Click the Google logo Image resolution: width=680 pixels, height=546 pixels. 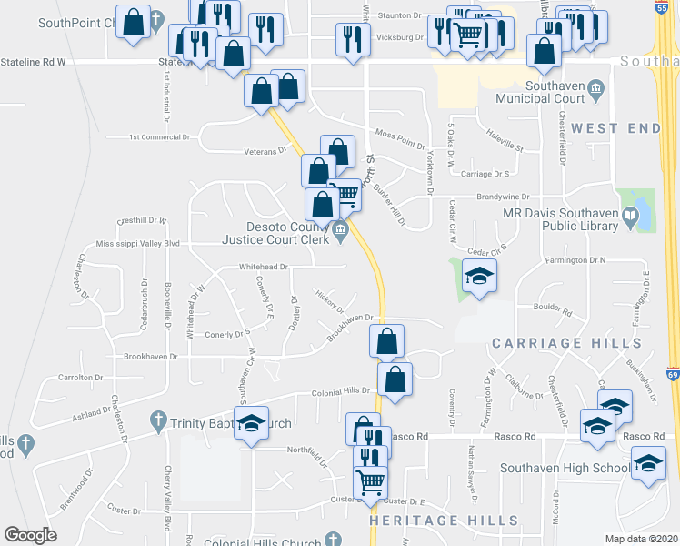(31, 535)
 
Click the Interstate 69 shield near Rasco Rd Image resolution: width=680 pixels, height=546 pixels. (672, 374)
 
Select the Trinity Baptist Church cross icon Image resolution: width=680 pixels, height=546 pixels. (159, 422)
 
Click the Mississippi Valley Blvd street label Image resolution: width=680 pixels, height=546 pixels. (139, 243)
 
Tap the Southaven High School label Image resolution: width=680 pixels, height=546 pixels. (565, 469)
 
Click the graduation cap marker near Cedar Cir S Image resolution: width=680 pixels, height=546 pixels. (479, 275)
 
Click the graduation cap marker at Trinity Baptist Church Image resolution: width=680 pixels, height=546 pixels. (252, 422)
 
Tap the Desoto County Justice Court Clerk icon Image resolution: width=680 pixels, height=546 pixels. (341, 229)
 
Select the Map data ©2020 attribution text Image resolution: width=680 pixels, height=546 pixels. (642, 538)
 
